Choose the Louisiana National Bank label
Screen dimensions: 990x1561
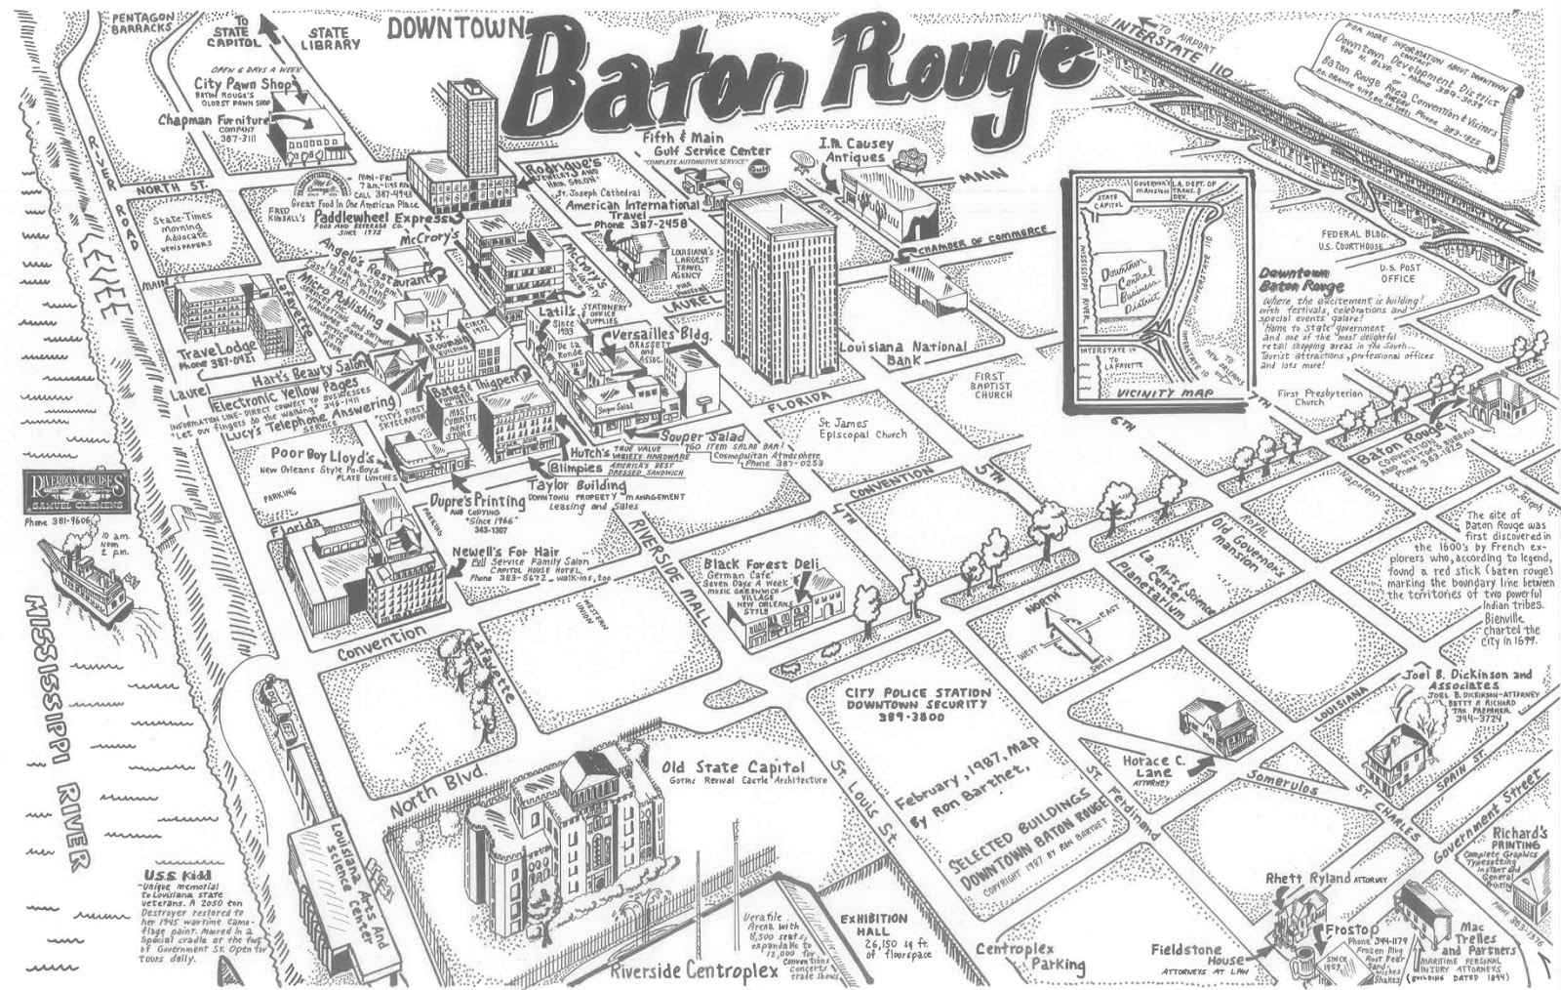click(903, 353)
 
